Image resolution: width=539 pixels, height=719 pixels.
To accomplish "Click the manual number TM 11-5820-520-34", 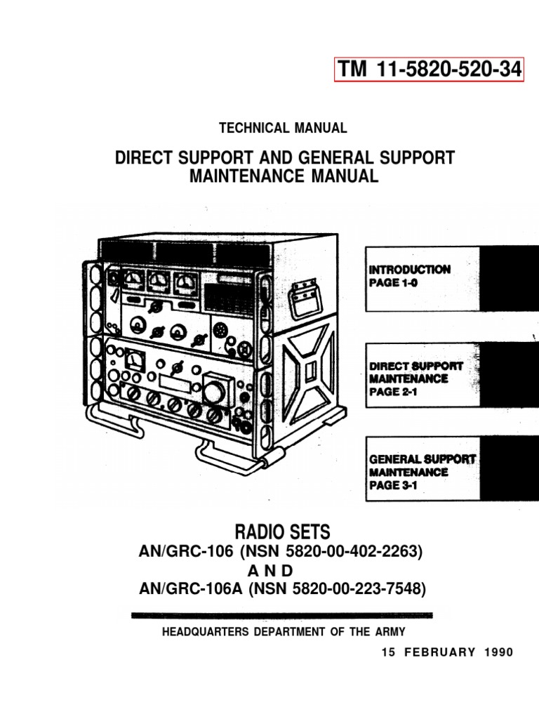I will (x=430, y=70).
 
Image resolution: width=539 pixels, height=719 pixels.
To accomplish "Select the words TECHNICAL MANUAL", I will (x=283, y=128).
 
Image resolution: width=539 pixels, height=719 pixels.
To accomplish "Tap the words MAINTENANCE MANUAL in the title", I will (x=284, y=176).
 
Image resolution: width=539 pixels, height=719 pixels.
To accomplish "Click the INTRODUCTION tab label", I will (x=410, y=269).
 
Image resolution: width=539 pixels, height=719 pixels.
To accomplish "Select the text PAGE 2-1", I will (x=393, y=393).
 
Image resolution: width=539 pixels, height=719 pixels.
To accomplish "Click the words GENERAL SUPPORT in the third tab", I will (x=422, y=459).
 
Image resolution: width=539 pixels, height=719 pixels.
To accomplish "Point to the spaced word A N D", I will (x=284, y=570).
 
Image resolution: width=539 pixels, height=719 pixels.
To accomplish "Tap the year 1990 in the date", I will (x=498, y=652).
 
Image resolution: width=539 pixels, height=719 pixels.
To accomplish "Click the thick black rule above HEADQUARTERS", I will (x=282, y=615).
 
